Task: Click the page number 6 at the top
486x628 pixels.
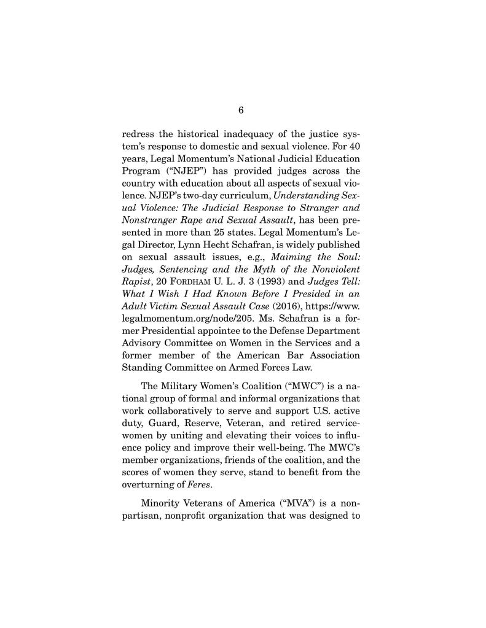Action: click(x=241, y=110)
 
